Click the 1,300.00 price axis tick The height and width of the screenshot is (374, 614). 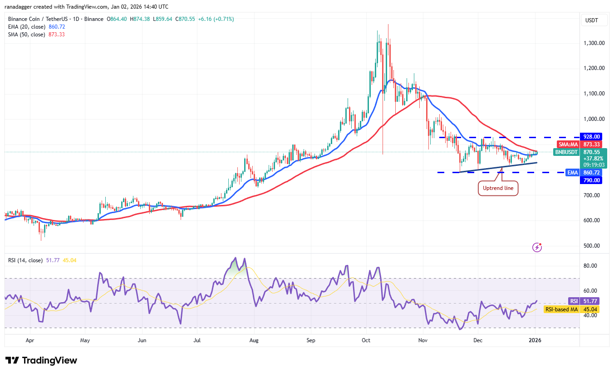point(594,43)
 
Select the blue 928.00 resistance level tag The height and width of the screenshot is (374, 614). point(591,136)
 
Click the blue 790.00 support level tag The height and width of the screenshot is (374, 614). point(591,180)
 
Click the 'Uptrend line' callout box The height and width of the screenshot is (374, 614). point(498,188)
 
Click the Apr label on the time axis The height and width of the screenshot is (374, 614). point(30,339)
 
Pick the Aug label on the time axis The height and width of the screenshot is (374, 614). point(254,339)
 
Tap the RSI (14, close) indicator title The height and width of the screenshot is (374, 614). point(25,260)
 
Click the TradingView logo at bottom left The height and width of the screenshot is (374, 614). point(41,360)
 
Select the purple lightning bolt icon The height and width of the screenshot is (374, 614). point(537,247)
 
